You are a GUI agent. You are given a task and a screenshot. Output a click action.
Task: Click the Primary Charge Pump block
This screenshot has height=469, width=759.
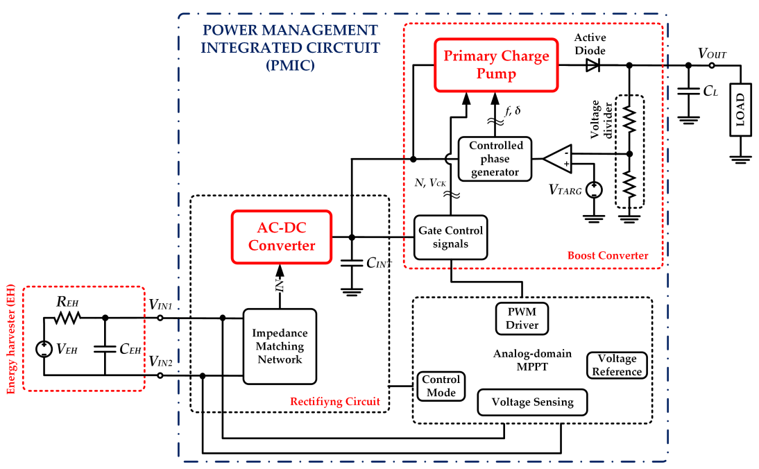(x=496, y=65)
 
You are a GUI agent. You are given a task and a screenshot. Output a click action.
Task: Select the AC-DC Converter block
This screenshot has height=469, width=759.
(x=282, y=237)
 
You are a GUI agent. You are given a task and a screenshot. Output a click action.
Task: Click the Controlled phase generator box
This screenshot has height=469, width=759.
(x=495, y=157)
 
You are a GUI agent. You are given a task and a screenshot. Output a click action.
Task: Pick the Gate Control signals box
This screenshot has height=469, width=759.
(x=450, y=237)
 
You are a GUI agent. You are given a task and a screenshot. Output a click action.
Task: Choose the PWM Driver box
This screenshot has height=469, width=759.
(x=522, y=317)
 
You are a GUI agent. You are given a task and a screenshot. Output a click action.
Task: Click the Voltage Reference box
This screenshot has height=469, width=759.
(x=617, y=365)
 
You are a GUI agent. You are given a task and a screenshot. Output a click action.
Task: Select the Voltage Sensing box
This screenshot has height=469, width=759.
(x=532, y=402)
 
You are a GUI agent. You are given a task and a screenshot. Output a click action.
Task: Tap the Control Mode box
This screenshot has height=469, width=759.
(x=441, y=386)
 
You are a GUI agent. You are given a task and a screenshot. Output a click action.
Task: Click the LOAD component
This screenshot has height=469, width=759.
(x=740, y=110)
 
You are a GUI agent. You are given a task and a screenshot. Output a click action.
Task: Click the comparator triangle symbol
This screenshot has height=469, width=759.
(x=557, y=159)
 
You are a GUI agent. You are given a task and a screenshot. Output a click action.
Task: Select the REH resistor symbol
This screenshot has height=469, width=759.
(x=69, y=318)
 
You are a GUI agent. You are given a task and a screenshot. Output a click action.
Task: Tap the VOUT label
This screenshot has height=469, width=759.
(x=713, y=53)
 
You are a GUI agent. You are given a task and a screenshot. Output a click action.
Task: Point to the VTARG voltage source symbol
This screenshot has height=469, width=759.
(x=594, y=189)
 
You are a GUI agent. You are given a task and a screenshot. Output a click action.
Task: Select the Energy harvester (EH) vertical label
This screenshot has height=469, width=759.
(x=12, y=339)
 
